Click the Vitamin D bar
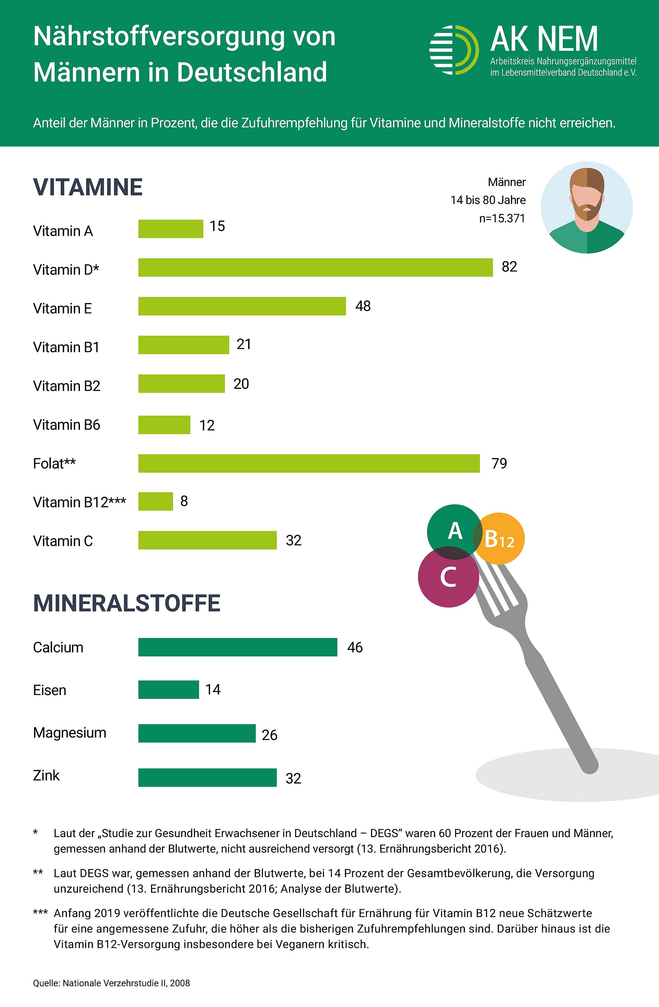point(315,267)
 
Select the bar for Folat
point(309,463)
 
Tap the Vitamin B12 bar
point(155,501)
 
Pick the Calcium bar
point(238,647)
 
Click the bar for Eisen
point(169,690)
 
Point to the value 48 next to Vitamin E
point(363,306)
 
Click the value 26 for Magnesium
point(270,735)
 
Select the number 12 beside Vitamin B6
point(207,425)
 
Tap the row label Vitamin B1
point(66,347)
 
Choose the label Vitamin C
point(63,541)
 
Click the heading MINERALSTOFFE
point(127,603)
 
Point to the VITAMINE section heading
point(88,187)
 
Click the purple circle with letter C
point(448,578)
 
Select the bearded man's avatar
point(587,207)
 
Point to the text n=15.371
point(502,218)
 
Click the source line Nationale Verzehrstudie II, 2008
point(111,983)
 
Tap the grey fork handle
point(563,711)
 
